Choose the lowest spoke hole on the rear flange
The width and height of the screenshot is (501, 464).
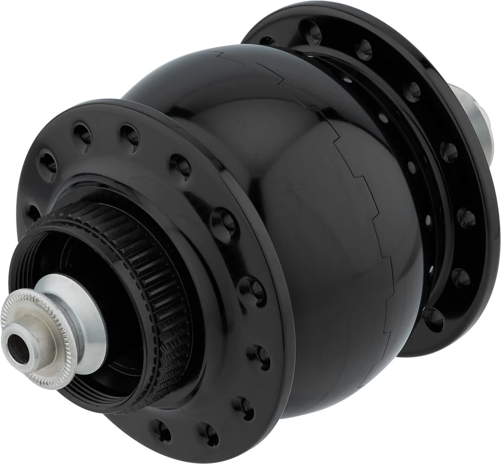click(x=433, y=319)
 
